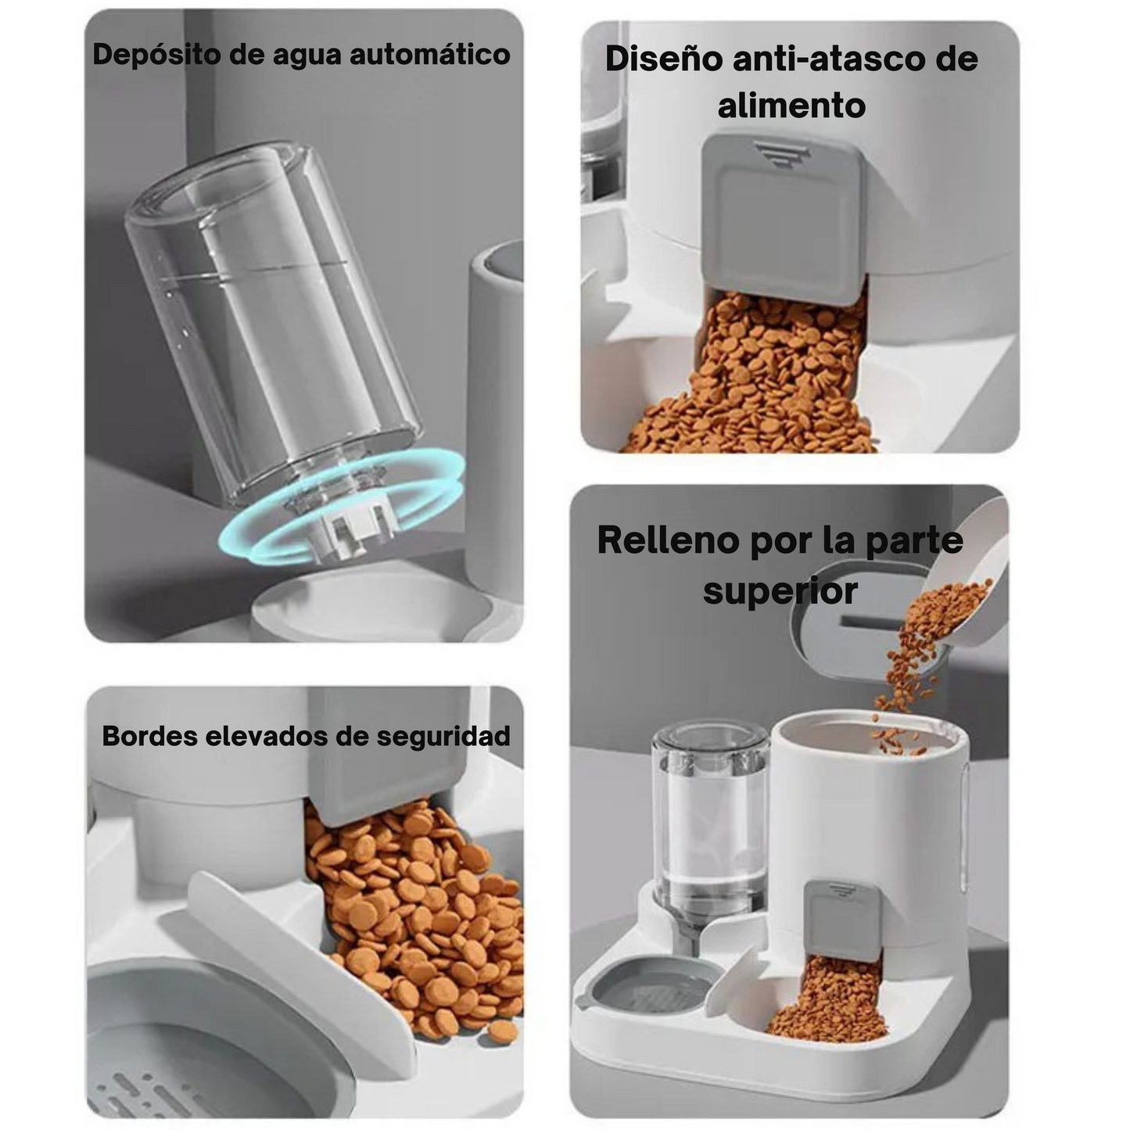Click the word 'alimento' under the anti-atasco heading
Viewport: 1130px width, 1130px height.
tap(791, 106)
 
